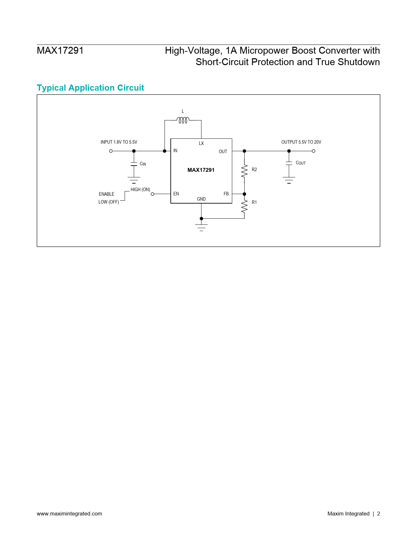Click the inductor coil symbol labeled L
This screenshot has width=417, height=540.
click(x=183, y=120)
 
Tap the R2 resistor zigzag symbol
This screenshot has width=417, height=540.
click(x=244, y=171)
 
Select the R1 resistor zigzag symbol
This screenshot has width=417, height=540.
click(x=244, y=206)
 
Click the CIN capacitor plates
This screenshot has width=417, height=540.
click(x=134, y=164)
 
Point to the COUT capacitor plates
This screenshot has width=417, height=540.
click(x=289, y=163)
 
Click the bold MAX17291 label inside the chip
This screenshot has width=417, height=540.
click(x=201, y=170)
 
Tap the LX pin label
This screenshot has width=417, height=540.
click(x=201, y=143)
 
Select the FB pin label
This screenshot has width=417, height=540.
click(x=226, y=194)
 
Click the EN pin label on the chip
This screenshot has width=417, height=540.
click(x=176, y=194)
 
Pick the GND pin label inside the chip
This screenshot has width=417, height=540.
click(x=201, y=199)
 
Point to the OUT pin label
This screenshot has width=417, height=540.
click(x=223, y=152)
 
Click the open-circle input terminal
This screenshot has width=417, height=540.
click(x=111, y=151)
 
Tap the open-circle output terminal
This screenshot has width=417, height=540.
click(x=313, y=151)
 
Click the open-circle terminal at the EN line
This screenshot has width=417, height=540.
click(x=152, y=194)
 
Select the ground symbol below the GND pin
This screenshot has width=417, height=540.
click(x=201, y=228)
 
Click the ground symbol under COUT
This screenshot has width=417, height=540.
click(x=289, y=180)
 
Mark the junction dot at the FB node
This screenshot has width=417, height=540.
click(x=244, y=194)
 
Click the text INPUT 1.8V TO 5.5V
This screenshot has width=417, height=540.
click(x=119, y=142)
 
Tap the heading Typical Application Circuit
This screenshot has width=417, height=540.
click(x=90, y=88)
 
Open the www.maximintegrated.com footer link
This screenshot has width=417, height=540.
click(x=69, y=514)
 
